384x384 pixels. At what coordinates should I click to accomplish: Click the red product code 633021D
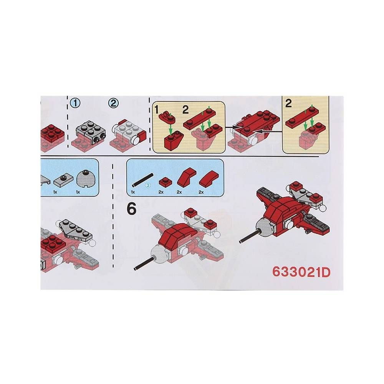coord(301,272)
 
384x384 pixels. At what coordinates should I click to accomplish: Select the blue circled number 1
coord(75,103)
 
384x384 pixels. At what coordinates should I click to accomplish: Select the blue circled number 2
coord(113,103)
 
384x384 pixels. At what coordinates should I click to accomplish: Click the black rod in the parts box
coord(143,180)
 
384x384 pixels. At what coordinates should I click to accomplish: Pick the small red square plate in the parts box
coord(164,182)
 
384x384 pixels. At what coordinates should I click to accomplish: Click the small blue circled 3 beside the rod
coord(147,185)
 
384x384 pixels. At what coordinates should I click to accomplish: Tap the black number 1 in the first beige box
coord(157,110)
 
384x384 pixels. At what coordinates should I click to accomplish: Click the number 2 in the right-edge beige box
coord(288,104)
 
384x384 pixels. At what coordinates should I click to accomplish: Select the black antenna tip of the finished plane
coord(241,242)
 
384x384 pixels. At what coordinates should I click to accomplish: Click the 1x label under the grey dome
coord(78,192)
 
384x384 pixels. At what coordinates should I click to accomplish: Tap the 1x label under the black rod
coord(133,192)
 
